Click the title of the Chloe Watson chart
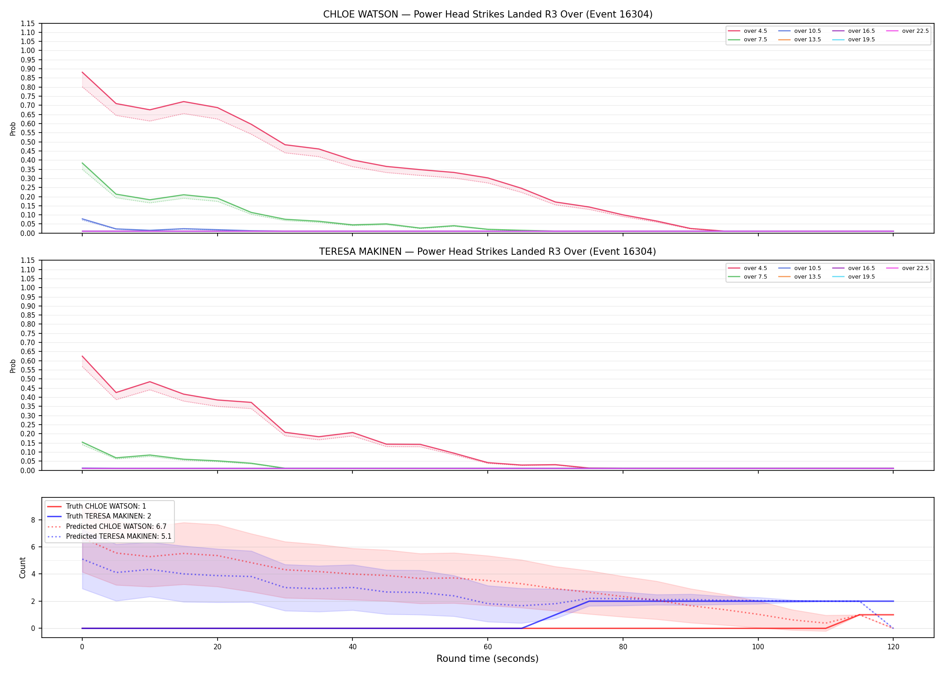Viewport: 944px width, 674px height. point(488,14)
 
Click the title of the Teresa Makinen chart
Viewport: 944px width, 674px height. point(488,252)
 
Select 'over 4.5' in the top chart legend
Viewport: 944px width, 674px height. point(755,31)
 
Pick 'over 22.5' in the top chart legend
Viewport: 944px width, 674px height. point(915,31)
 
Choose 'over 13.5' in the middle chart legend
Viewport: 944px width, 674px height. point(807,277)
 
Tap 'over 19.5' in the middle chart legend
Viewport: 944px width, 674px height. point(861,277)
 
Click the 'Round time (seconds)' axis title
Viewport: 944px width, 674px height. point(488,659)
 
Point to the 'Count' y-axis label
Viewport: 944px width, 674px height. point(22,568)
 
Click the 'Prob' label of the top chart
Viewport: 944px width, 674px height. point(13,129)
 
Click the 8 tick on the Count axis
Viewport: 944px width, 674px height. point(32,520)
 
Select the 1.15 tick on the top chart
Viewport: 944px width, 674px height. point(28,23)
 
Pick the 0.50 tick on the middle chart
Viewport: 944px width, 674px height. point(28,379)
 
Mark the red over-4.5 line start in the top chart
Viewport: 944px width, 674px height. point(82,72)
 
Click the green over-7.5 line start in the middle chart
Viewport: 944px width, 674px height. point(82,442)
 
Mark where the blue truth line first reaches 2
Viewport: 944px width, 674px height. point(589,601)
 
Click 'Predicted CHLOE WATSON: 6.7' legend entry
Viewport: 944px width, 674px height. point(116,526)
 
